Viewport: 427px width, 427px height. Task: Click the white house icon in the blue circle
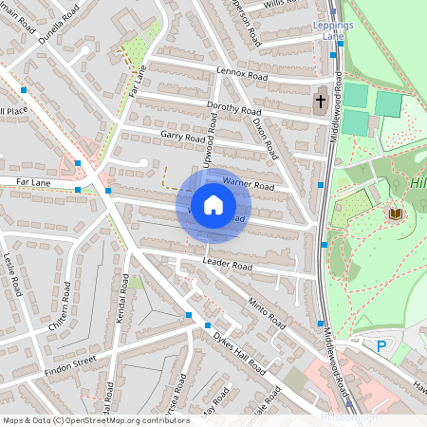coord(213,205)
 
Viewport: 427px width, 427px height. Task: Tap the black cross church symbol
coord(321,101)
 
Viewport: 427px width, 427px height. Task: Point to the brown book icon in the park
coord(394,214)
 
